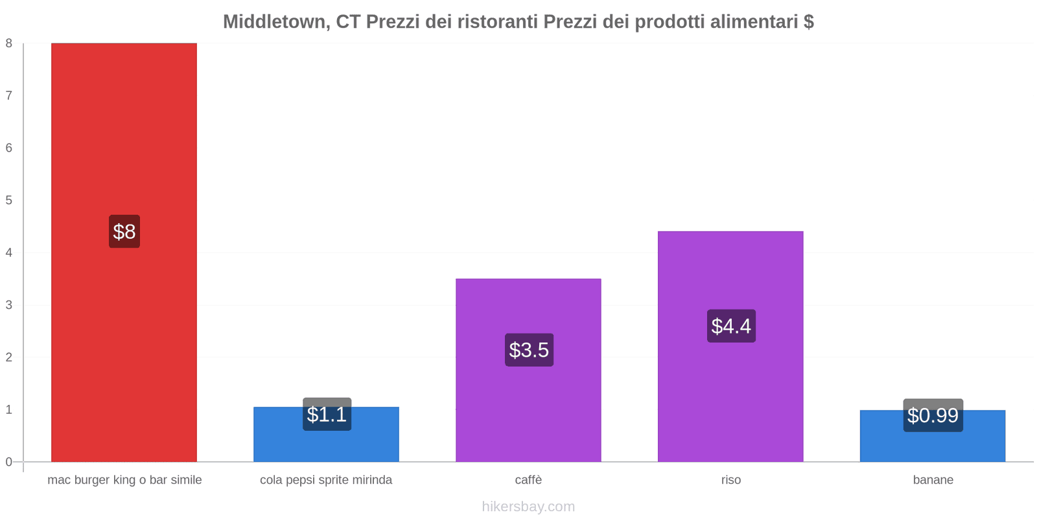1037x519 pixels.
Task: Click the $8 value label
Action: coord(124,232)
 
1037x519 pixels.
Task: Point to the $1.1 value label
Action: coord(327,415)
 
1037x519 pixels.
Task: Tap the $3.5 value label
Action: coord(529,350)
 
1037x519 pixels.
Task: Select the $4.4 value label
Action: coord(731,326)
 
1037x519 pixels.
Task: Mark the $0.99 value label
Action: coord(933,415)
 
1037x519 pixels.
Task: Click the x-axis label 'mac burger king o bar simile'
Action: coord(124,480)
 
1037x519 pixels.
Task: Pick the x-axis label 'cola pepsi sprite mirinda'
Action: coord(326,480)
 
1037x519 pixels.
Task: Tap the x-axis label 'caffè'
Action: coord(528,480)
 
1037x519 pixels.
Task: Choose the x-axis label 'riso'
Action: coord(730,480)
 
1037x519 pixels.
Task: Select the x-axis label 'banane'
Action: coord(933,480)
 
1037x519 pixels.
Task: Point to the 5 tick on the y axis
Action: coord(9,200)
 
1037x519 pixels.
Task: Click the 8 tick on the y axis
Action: coord(9,43)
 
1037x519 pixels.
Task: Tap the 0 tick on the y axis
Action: coord(9,462)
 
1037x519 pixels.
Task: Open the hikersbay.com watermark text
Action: coord(528,507)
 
